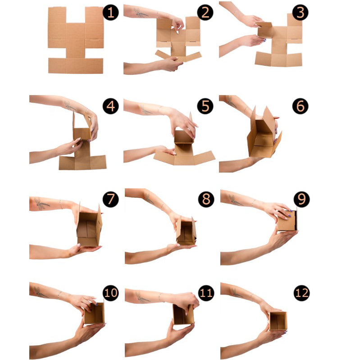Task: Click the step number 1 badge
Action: pos(111,13)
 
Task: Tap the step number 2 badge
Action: pos(205,13)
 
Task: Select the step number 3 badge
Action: pos(301,13)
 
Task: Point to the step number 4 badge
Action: pos(111,106)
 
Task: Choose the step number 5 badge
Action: pos(205,106)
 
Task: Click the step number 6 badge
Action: pos(301,106)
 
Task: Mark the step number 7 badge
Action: pos(111,199)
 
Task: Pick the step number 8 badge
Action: pos(206,199)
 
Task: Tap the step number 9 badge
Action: pos(301,199)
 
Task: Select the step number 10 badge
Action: pos(111,293)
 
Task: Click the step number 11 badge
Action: pos(206,293)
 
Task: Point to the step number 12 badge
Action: pos(301,293)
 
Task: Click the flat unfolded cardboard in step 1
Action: pos(76,40)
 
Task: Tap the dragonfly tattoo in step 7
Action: pos(41,204)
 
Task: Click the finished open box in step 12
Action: pos(278,321)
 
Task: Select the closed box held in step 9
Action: pos(287,220)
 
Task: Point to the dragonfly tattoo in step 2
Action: pos(141,13)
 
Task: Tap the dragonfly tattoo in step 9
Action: pos(235,200)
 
